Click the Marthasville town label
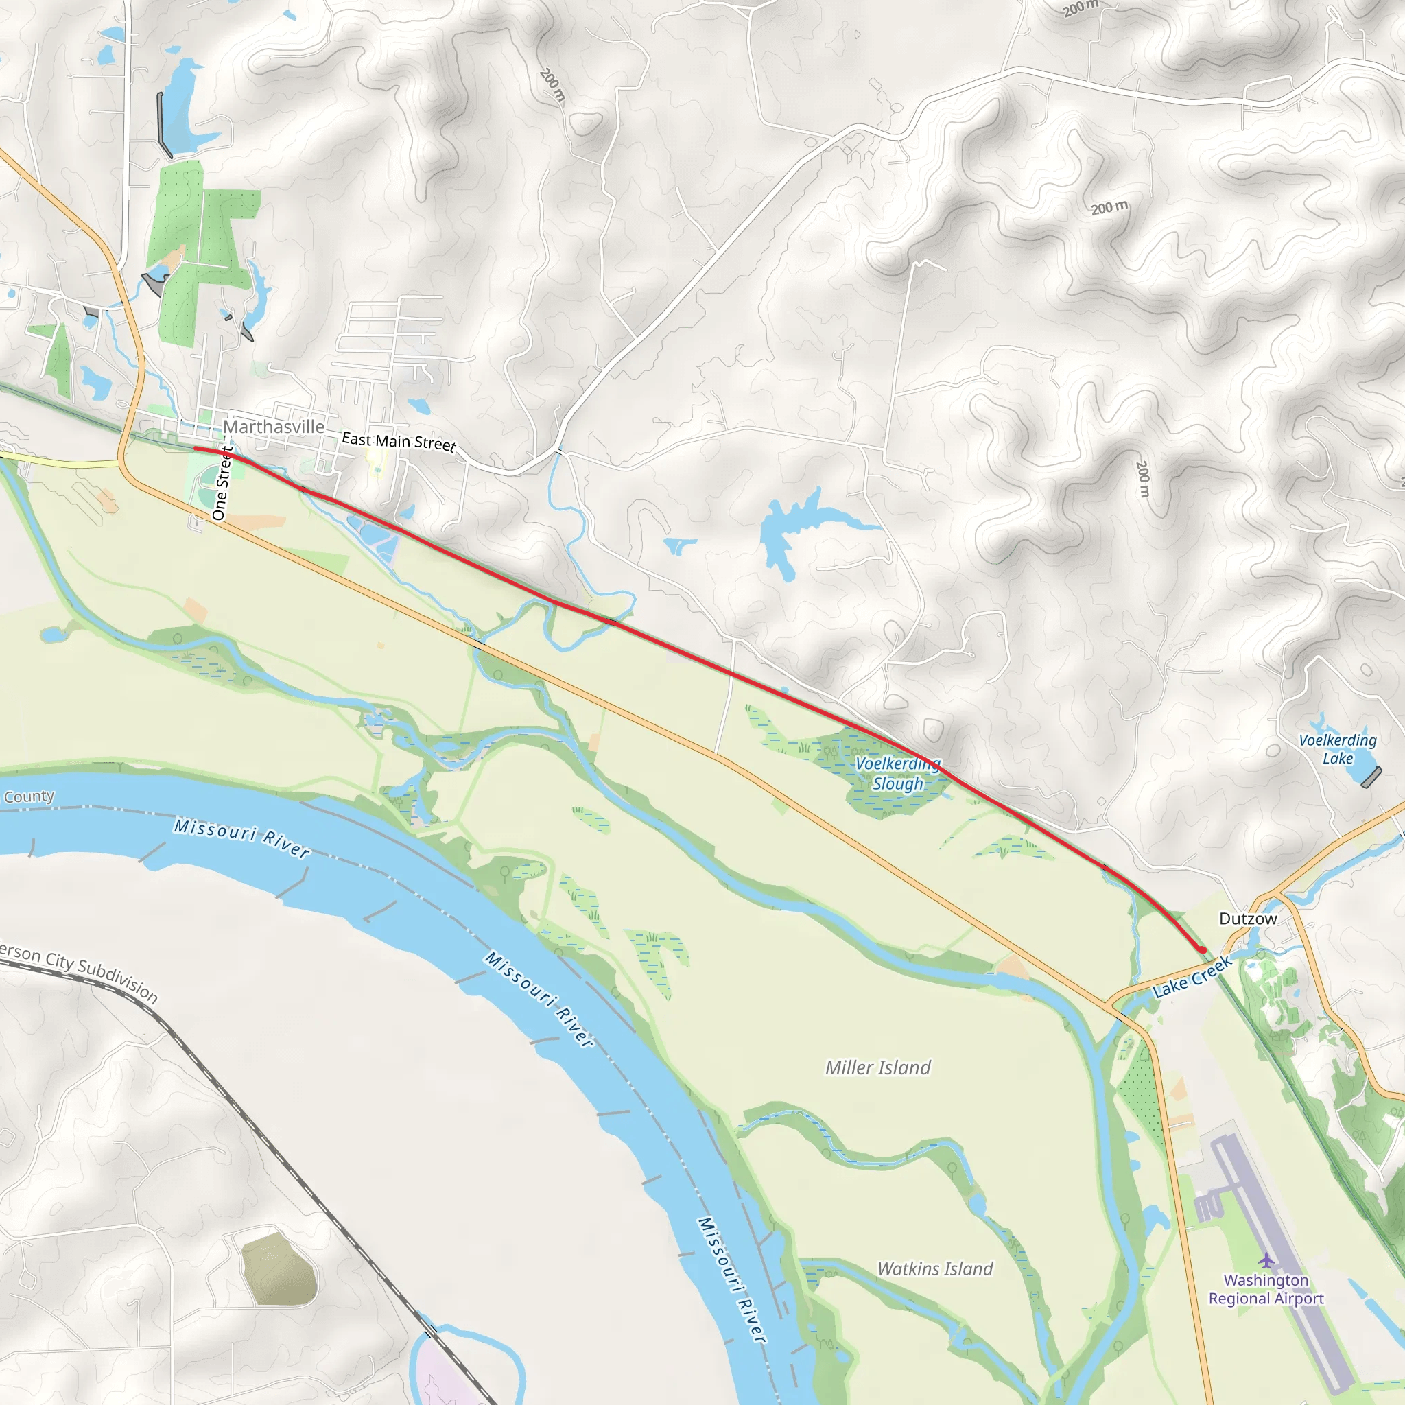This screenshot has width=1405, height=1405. pyautogui.click(x=274, y=427)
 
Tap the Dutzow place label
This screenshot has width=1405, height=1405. pyautogui.click(x=1248, y=919)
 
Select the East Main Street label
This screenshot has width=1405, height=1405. pyautogui.click(x=399, y=441)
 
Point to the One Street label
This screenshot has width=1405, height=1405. pyautogui.click(x=221, y=484)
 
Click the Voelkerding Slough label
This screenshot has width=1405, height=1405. pyautogui.click(x=898, y=774)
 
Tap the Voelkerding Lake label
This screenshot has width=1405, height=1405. pyautogui.click(x=1337, y=749)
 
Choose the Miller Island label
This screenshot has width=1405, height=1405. pyautogui.click(x=877, y=1067)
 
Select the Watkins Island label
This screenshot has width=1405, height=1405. pyautogui.click(x=934, y=1269)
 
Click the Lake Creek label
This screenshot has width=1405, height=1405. pyautogui.click(x=1192, y=977)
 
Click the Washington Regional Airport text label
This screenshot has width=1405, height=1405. pyautogui.click(x=1266, y=1289)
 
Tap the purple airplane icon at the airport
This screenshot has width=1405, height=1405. pyautogui.click(x=1267, y=1260)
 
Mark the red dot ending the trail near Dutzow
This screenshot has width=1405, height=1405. pyautogui.click(x=1203, y=950)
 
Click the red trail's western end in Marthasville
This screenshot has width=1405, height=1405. pyautogui.click(x=196, y=449)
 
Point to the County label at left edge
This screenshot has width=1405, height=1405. pyautogui.click(x=29, y=796)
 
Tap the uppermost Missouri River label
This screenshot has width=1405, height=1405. pyautogui.click(x=242, y=838)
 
